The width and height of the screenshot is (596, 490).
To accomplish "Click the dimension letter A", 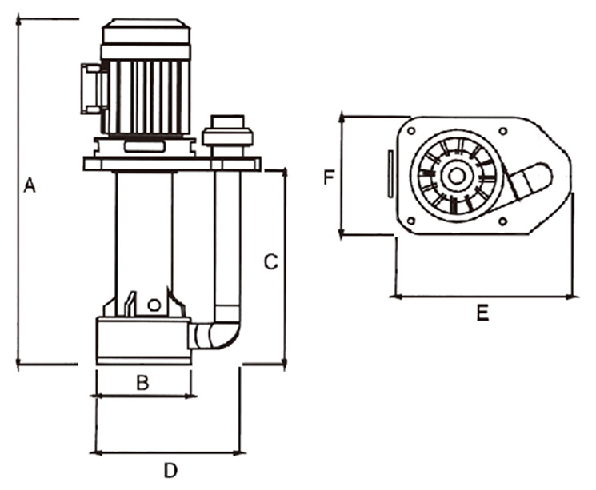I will [x=30, y=185].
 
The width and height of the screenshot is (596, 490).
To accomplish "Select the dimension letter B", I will [x=142, y=383].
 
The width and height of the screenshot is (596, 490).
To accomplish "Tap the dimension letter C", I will [x=270, y=261].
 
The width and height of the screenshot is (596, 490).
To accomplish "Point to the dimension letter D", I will [x=170, y=471].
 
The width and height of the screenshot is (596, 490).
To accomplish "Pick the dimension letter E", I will [x=482, y=314].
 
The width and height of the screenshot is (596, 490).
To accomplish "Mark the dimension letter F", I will [x=328, y=177].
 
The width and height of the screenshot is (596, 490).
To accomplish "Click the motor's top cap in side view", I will [x=146, y=34].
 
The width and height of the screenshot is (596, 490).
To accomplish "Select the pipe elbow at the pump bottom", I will [x=220, y=336].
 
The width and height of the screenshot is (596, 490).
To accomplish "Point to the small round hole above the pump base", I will [x=154, y=304].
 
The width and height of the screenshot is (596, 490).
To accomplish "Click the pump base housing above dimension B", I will [x=142, y=340].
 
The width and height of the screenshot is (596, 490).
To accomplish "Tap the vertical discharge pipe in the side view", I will [x=227, y=240].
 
